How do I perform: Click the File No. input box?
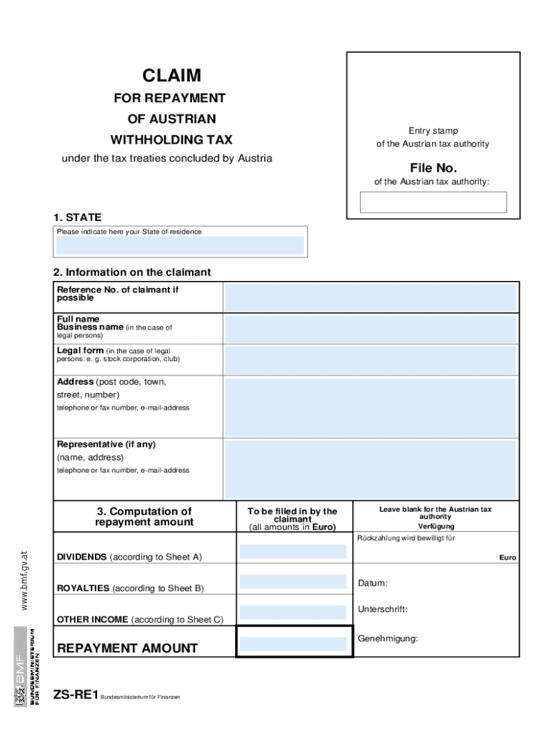(x=433, y=202)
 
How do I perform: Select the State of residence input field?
(x=180, y=246)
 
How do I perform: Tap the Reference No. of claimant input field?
(x=370, y=298)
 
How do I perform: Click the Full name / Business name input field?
(x=370, y=330)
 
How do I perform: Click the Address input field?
(x=370, y=407)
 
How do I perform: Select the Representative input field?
(x=370, y=469)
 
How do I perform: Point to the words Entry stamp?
(x=433, y=131)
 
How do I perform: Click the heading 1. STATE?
(x=76, y=217)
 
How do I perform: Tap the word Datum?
(x=373, y=583)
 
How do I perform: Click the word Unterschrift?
(x=383, y=609)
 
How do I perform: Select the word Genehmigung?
(x=388, y=638)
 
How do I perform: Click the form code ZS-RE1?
(x=75, y=695)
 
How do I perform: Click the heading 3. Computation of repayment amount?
(x=144, y=517)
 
